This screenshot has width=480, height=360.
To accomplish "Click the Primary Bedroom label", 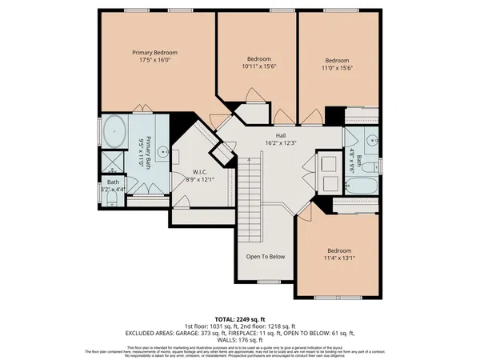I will coord(154,52).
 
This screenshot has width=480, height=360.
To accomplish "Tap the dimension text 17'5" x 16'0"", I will coord(154,60).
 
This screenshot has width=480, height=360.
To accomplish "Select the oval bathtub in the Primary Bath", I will coord(114,130).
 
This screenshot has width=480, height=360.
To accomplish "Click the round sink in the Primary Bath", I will coord(162,150).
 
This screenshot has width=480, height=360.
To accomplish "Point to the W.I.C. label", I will coord(200,171).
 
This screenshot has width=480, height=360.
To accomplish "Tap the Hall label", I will coord(281,135).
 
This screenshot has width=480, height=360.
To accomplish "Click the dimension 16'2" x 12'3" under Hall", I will coord(281,143).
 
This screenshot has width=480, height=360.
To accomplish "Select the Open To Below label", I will coord(266,258).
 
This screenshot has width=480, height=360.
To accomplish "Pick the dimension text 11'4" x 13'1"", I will coord(337,258).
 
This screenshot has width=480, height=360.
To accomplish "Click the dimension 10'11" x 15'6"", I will coord(258,68).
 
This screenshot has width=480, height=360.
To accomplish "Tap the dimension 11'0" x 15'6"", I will coord(337,68).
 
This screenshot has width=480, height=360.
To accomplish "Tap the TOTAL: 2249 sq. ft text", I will coord(239,318).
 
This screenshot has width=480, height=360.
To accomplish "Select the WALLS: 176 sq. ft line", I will coord(240,340).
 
